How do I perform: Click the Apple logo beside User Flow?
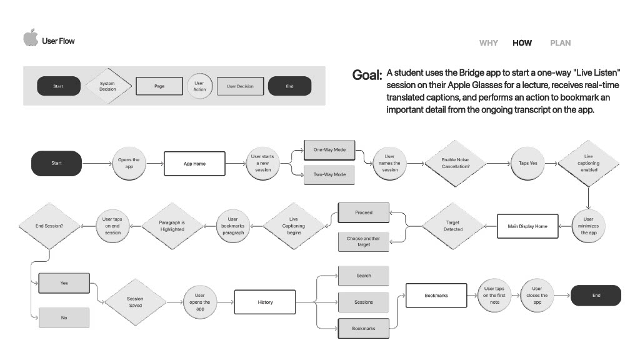point(31,37)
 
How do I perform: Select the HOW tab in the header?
point(522,43)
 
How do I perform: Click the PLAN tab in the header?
point(560,43)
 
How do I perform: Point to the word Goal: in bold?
point(367,76)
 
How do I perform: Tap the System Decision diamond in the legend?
point(107,86)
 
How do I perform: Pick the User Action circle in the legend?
point(199,86)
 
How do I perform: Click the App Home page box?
point(194,164)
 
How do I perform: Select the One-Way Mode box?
point(329,150)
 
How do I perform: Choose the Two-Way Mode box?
point(329,174)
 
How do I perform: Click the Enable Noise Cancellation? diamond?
point(455,164)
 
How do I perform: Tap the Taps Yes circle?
point(529,164)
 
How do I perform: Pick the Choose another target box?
point(363,241)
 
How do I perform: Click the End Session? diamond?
point(49,226)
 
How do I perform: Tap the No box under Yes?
point(64,317)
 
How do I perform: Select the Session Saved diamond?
point(135,302)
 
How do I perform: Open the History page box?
point(265,302)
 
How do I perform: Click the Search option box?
point(363,276)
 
